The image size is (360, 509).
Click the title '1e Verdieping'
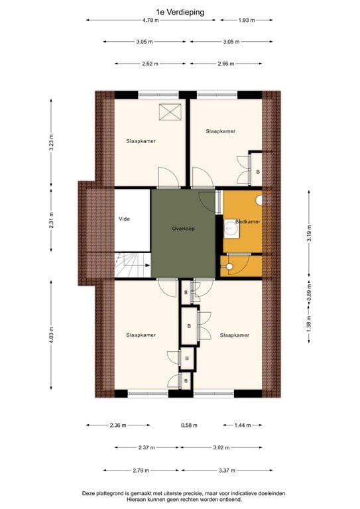point(180,11)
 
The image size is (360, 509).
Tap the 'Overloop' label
point(182,229)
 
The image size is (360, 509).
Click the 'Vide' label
point(124,218)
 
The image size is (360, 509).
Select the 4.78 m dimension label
point(151,21)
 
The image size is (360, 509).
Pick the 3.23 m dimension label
point(51,143)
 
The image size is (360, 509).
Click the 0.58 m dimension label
point(190,425)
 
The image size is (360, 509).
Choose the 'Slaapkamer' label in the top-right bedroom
point(220,131)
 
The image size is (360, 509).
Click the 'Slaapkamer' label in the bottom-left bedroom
point(141,335)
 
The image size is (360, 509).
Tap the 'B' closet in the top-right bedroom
point(257,171)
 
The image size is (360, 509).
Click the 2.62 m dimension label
point(150,64)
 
